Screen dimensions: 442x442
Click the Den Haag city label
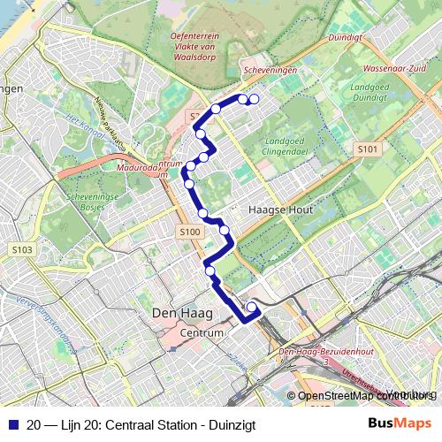pos(178,315)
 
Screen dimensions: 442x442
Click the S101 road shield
pos(369,150)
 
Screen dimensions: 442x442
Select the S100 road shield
pos(188,232)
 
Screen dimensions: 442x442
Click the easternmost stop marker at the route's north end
pos(255,99)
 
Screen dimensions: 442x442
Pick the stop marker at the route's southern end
pos(252,308)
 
